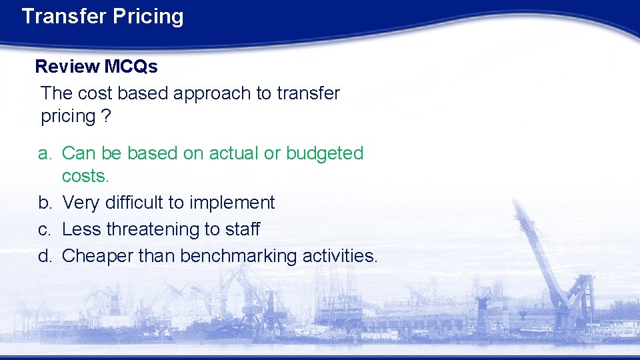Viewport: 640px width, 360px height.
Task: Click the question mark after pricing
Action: click(x=106, y=116)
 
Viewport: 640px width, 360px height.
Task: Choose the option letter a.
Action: click(x=44, y=153)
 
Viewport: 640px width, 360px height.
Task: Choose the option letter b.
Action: click(x=44, y=203)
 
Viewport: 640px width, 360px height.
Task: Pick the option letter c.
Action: click(x=44, y=229)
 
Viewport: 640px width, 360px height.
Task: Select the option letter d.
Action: click(x=44, y=255)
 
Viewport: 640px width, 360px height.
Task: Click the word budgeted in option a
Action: click(x=325, y=153)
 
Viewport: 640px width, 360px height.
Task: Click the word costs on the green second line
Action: click(x=84, y=177)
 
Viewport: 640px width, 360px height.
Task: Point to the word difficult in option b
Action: click(x=136, y=203)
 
